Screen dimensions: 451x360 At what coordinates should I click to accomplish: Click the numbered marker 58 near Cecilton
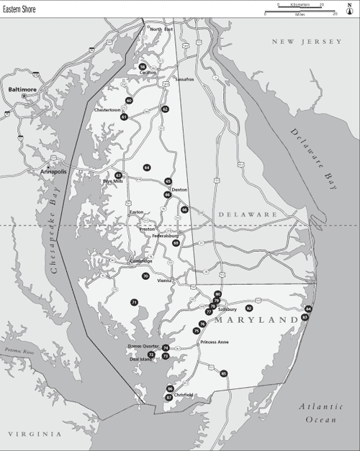click(x=143, y=66)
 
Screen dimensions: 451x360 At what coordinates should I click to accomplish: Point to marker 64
click(x=147, y=167)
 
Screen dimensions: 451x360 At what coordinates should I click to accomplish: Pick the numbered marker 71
click(x=134, y=302)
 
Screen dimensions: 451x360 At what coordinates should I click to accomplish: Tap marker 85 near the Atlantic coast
click(x=224, y=373)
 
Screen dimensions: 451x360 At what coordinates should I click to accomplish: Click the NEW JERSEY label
click(x=306, y=42)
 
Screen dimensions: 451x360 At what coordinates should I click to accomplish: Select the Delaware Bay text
click(x=314, y=158)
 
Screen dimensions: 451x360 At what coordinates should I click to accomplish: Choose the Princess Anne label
click(x=215, y=342)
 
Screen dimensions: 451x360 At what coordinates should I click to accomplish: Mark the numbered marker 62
click(x=165, y=109)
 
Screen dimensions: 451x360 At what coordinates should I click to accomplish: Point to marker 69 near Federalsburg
click(x=176, y=243)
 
